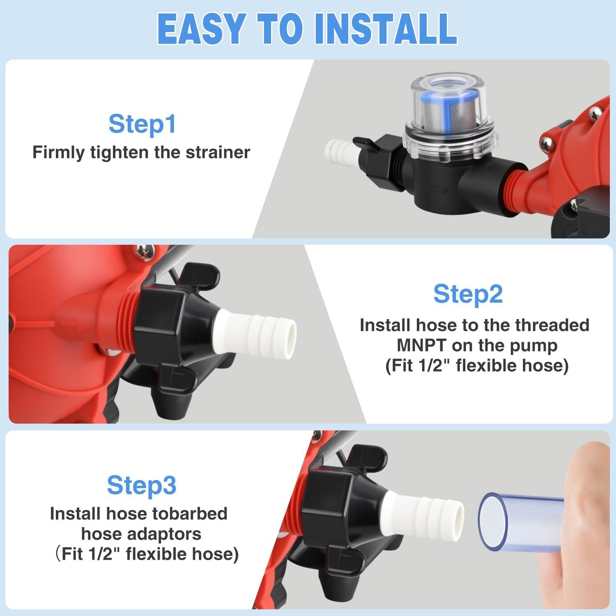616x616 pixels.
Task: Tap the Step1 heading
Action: click(x=142, y=124)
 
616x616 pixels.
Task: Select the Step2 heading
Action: click(x=468, y=294)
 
